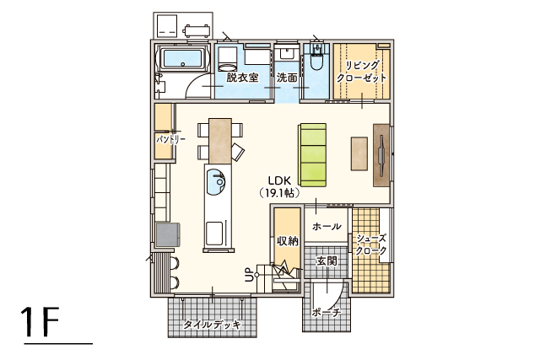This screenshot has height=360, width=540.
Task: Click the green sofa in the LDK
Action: coord(312,155)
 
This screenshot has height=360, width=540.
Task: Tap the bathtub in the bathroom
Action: coord(182,59)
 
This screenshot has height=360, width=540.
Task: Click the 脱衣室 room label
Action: coord(242,78)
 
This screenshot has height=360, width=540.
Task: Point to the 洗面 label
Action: coord(287,78)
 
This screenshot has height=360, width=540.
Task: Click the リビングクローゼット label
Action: coord(362,72)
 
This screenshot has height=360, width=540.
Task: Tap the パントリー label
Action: coord(171,139)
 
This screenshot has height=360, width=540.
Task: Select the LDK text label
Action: coord(280,180)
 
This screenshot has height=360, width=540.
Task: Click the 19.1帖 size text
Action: coord(279,193)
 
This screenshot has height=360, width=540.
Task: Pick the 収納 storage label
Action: coord(288,241)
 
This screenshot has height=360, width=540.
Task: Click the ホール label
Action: coord(327,227)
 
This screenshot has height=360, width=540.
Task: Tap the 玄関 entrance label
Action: coord(327,261)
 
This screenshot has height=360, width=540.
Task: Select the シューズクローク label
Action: coord(371,244)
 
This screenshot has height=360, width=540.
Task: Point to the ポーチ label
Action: coord(327,313)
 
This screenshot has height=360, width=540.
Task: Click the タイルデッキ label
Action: coord(212,325)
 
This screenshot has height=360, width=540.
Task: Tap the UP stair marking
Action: coord(249,276)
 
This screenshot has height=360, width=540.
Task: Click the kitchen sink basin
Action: coord(216,182)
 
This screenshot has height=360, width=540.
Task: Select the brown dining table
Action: coord(220,141)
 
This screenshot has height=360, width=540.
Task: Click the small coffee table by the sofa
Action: coord(359,153)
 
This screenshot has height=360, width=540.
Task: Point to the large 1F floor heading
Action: coord(40,322)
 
